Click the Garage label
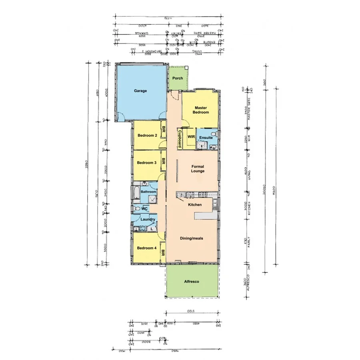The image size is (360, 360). pyautogui.click(x=140, y=91)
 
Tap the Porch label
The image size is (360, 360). pyautogui.click(x=177, y=78)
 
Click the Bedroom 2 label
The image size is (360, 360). pyautogui.click(x=146, y=136)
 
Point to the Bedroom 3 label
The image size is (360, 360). pyautogui.click(x=146, y=163)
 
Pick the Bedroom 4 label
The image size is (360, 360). pyautogui.click(x=146, y=248)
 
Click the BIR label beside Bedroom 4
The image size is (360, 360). pyautogui.click(x=163, y=253)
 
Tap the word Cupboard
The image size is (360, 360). pyautogui.click(x=180, y=138)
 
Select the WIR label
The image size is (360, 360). pyautogui.click(x=191, y=136)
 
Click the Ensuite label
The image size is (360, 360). pyautogui.click(x=206, y=138)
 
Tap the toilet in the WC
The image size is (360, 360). pyautogui.click(x=137, y=209)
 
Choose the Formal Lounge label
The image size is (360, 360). pyautogui.click(x=198, y=169)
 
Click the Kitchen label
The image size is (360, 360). pyautogui.click(x=195, y=205)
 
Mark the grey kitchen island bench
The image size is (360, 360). pyautogui.click(x=206, y=216)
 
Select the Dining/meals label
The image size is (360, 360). pyautogui.click(x=191, y=238)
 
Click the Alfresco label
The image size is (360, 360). pyautogui.click(x=192, y=282)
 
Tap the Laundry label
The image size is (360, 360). pyautogui.click(x=148, y=220)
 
